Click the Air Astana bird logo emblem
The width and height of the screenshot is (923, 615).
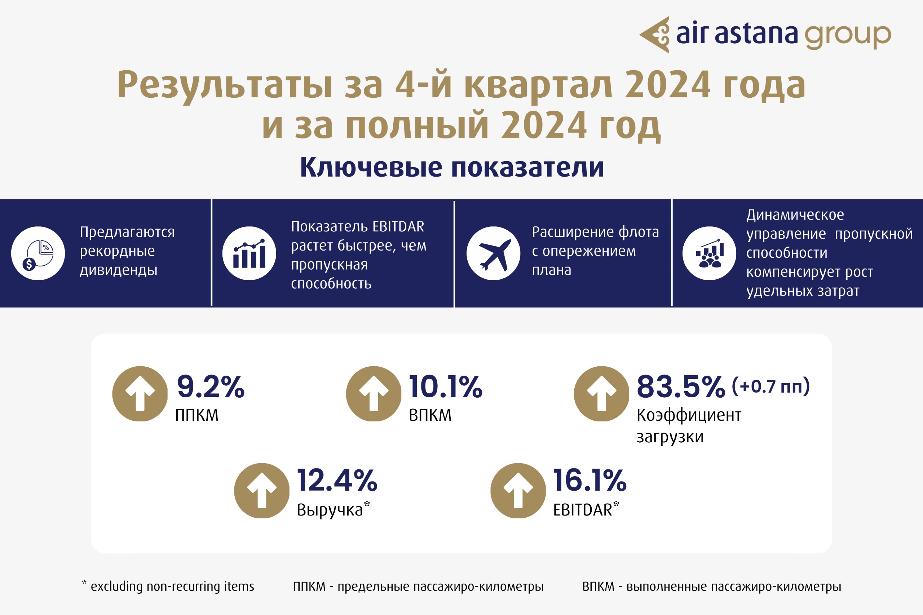coord(655,35)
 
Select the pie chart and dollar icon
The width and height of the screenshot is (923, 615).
coord(38,253)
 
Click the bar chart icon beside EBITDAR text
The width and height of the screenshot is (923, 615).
coord(249,253)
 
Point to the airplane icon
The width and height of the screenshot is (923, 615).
coord(494,253)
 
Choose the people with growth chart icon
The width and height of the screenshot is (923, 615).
coord(709,253)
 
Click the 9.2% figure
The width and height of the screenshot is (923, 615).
coord(211,387)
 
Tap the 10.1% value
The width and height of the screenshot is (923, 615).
coord(445,387)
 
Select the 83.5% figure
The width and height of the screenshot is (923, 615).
coord(681,387)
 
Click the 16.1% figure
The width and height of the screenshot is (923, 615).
coord(589,480)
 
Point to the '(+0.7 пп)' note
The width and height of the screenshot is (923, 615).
coord(771,386)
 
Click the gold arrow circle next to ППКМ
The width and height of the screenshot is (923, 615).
coord(140,394)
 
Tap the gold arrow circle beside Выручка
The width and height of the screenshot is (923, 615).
coord(262,491)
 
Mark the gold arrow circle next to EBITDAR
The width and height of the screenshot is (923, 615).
coord(518,491)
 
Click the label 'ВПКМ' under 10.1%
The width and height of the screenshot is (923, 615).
coord(430,415)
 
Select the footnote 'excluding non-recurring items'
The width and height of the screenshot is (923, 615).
coord(172,587)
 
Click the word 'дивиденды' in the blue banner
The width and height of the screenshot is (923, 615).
coord(119,270)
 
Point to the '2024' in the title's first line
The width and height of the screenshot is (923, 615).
coord(667,84)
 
